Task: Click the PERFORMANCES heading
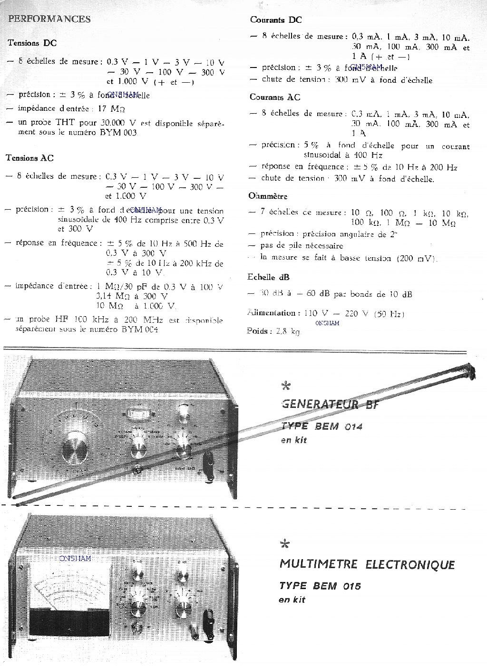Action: (49, 19)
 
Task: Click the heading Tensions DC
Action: (32, 43)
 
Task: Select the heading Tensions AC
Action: (29, 158)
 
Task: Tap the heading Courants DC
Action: (276, 20)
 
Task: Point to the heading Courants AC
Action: (275, 97)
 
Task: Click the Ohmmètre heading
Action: (268, 196)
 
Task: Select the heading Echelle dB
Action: (268, 277)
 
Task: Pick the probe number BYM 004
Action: (139, 329)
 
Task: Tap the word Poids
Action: (259, 331)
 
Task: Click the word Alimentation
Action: (272, 313)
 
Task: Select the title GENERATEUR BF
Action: (330, 405)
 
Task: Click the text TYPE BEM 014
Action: (321, 426)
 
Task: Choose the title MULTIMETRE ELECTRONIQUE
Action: (367, 565)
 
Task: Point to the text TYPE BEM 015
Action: (320, 586)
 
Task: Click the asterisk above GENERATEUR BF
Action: (286, 386)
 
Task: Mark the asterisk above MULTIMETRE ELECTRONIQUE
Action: (285, 544)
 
